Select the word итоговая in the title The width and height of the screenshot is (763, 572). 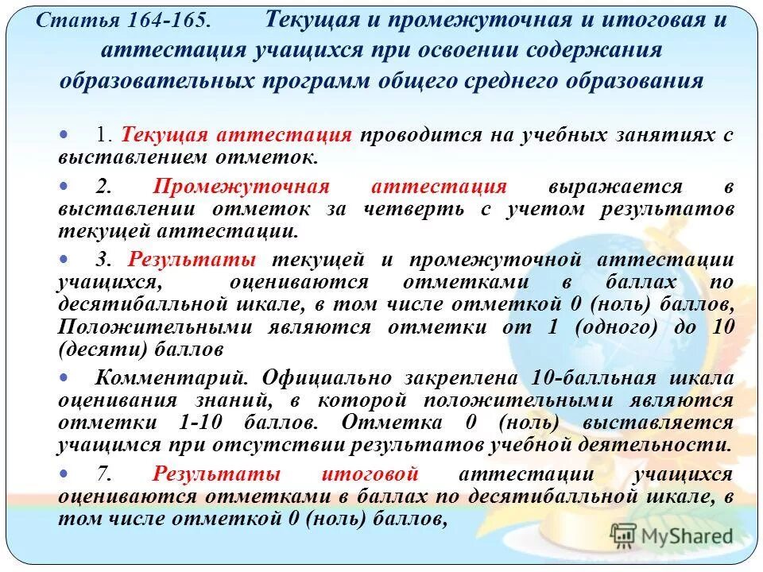[x=631, y=20]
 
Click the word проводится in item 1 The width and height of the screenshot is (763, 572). [x=412, y=134]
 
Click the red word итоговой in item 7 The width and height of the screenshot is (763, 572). [x=370, y=474]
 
